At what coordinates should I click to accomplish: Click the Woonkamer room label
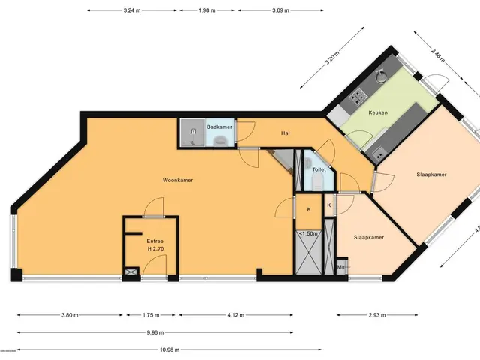coord(178,180)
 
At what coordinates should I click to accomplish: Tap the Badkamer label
coord(220,127)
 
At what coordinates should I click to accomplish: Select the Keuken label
coord(378,112)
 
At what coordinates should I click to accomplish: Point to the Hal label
coord(285,133)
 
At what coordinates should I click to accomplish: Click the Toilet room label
coord(319,169)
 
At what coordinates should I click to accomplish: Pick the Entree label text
coord(155,241)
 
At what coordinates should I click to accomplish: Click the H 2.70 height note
coord(155,249)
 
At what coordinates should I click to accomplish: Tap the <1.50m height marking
coord(308,233)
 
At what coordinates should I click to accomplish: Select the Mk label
coord(340,267)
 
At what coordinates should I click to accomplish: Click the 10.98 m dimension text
coord(169,349)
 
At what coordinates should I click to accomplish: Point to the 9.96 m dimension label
coord(155,332)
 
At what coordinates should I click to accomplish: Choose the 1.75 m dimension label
coord(151,315)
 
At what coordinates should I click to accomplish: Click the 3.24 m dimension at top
coord(132,10)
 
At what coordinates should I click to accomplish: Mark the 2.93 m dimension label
coord(377,315)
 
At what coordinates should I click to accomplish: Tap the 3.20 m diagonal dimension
coord(332,58)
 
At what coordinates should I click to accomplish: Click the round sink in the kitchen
coord(380,76)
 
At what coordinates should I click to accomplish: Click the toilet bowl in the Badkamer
coord(220,140)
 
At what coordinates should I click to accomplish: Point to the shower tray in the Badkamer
coord(193,133)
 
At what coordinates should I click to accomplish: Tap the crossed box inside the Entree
coord(130,271)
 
